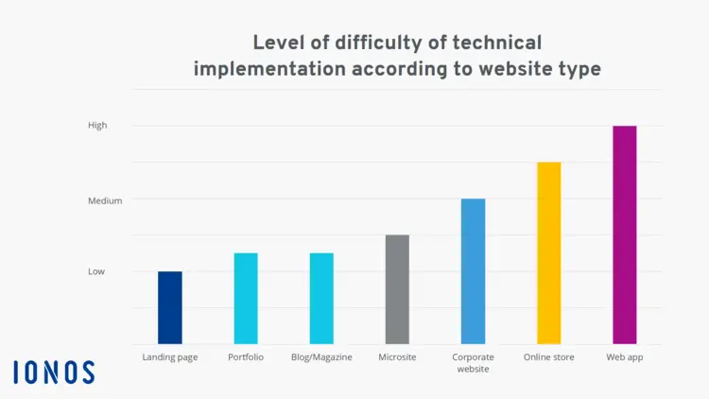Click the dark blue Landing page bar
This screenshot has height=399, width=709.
[170, 307]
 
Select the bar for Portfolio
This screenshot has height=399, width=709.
[246, 298]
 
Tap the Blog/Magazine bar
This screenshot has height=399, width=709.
[321, 298]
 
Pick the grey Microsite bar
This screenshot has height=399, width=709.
[397, 289]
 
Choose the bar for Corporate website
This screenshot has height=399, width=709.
[473, 271]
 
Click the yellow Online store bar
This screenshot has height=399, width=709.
[549, 253]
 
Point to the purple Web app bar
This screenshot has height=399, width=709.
[625, 234]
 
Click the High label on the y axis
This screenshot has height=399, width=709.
[97, 125]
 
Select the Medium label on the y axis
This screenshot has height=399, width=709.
[105, 200]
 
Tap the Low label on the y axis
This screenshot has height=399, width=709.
[96, 271]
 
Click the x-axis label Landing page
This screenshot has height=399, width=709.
[170, 357]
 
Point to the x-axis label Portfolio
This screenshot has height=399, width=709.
[246, 357]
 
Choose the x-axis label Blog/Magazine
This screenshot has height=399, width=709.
[321, 357]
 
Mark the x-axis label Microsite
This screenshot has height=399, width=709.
[397, 357]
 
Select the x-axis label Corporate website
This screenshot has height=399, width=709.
[473, 363]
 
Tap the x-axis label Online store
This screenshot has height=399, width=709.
[549, 357]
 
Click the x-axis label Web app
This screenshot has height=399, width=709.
[625, 357]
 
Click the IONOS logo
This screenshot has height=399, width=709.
[54, 372]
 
